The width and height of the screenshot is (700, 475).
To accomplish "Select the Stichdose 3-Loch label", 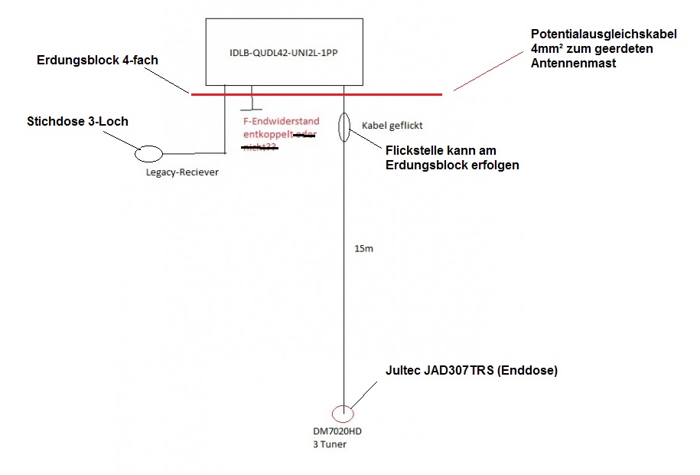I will [x=77, y=121].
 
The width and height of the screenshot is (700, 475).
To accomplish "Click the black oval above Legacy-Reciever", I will [x=149, y=154].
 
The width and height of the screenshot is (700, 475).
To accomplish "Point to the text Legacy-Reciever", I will [x=182, y=172].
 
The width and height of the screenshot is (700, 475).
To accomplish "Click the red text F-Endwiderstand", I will [x=275, y=121].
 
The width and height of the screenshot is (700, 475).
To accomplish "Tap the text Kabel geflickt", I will [x=392, y=124].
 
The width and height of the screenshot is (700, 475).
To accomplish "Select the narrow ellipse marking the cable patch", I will [x=345, y=127].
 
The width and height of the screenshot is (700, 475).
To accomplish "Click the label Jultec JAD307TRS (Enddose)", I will [x=472, y=370].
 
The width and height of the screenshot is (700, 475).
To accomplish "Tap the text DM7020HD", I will [x=336, y=432].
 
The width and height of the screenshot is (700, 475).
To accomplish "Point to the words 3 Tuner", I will [x=330, y=444].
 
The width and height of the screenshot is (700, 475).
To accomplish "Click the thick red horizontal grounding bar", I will [x=315, y=94].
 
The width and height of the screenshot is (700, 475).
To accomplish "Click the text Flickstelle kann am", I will [x=445, y=151].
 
